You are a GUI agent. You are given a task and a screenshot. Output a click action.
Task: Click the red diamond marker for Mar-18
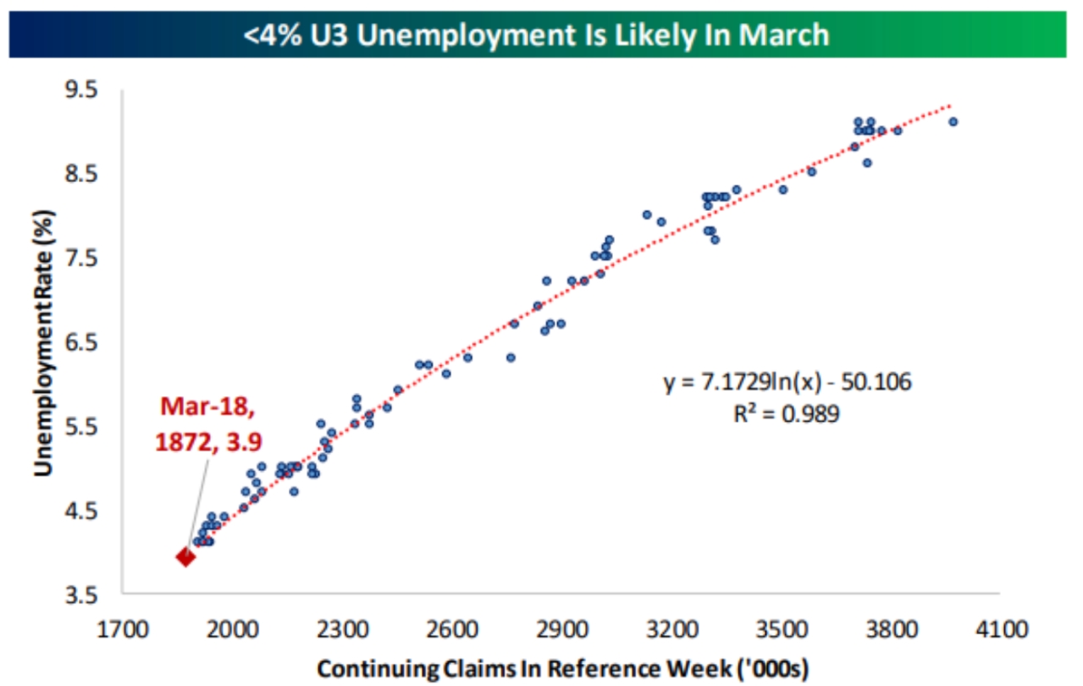click(185, 556)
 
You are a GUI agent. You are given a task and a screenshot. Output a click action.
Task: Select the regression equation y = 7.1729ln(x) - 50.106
click(787, 383)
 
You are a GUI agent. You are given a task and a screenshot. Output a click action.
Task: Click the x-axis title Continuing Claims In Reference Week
click(562, 668)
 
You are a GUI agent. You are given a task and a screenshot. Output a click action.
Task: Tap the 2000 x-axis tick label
click(233, 630)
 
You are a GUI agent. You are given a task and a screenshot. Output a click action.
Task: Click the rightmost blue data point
click(953, 122)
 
